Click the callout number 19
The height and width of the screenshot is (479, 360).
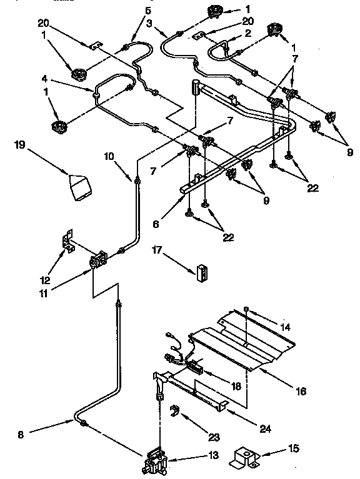[x=19, y=144]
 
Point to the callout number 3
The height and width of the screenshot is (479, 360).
[x=149, y=22]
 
